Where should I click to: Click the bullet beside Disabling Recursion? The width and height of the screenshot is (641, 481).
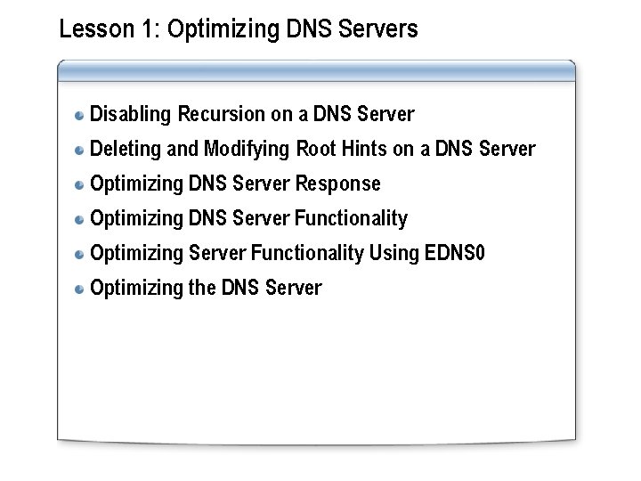(80, 115)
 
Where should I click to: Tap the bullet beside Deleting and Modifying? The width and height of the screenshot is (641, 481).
(80, 150)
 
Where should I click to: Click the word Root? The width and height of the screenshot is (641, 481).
(315, 149)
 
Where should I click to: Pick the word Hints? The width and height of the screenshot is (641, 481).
(363, 149)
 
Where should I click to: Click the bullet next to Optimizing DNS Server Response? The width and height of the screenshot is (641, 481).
(80, 184)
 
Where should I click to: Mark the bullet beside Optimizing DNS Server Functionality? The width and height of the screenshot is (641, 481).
(80, 219)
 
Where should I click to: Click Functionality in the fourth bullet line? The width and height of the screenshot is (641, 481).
(351, 218)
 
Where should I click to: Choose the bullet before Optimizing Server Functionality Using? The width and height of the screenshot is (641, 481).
(80, 254)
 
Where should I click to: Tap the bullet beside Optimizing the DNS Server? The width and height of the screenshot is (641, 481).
(80, 289)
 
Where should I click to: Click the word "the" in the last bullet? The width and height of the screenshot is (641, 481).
(201, 288)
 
